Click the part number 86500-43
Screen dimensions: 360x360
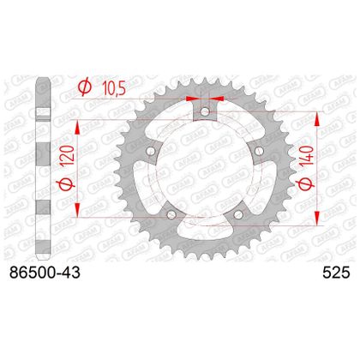(x=45, y=273)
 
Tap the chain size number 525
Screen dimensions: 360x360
(x=336, y=273)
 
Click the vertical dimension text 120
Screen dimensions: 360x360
(x=68, y=156)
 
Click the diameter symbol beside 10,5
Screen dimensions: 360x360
(x=85, y=87)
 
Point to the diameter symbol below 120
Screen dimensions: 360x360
(x=68, y=183)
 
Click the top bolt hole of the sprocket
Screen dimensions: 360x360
(x=205, y=111)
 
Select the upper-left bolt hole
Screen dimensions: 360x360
(x=151, y=151)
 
